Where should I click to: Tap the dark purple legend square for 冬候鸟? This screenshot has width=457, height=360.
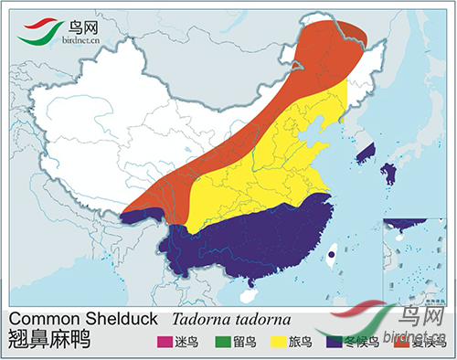(x=335, y=343)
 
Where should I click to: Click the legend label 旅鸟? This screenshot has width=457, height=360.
(x=300, y=343)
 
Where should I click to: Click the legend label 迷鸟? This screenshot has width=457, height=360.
(x=186, y=343)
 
